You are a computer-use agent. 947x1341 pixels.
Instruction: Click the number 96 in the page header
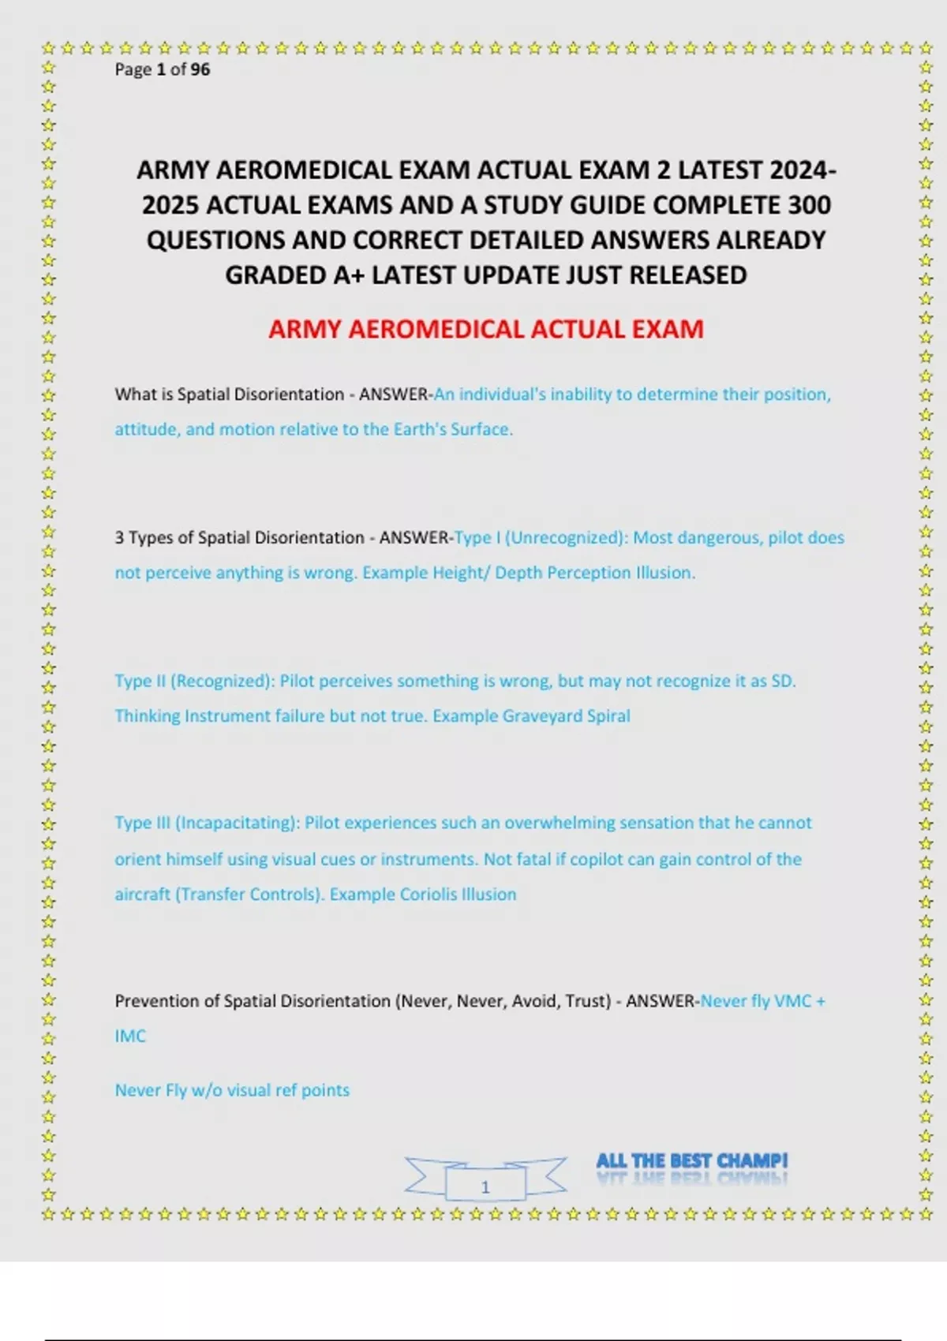[x=200, y=69]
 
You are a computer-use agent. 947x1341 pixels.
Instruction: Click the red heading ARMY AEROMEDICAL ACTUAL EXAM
[x=485, y=329]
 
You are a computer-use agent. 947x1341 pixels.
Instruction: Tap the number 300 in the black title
[x=809, y=205]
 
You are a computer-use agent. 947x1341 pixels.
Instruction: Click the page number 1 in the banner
[x=485, y=1186]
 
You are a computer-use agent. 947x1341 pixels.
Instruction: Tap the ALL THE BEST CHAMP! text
[x=691, y=1161]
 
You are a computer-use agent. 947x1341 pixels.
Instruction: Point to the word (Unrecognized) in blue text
[x=566, y=538]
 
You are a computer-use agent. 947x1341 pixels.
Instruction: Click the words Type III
[x=142, y=823]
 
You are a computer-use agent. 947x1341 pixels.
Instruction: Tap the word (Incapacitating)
[x=238, y=823]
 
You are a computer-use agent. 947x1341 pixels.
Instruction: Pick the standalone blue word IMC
[x=130, y=1037]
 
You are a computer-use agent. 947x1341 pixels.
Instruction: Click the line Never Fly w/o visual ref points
[x=232, y=1090]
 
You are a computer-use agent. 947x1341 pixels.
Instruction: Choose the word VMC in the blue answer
[x=792, y=1001]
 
